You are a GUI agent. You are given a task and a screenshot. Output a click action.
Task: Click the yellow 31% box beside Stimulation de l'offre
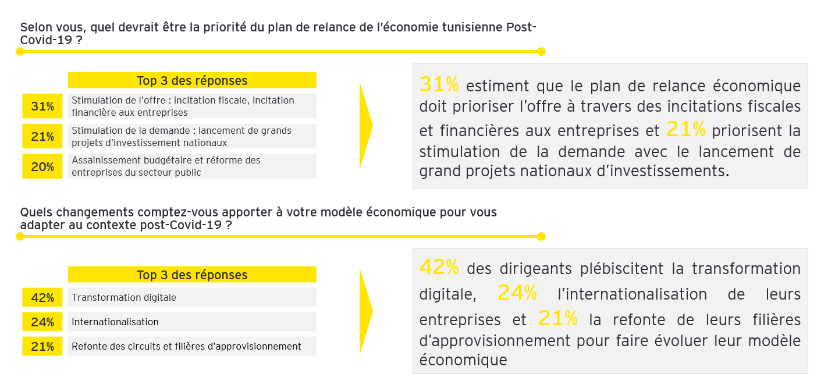pyautogui.click(x=42, y=106)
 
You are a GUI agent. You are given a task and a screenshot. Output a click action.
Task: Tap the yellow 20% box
pyautogui.click(x=42, y=167)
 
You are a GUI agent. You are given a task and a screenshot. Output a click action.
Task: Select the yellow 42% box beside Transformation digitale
pyautogui.click(x=42, y=298)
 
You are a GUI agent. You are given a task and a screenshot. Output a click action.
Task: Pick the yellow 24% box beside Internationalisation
pyautogui.click(x=42, y=322)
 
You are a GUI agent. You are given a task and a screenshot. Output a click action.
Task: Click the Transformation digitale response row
pyautogui.click(x=192, y=298)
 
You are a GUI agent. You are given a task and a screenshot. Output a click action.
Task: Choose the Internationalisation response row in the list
pyautogui.click(x=192, y=322)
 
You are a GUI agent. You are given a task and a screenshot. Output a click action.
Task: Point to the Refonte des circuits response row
pyautogui.click(x=192, y=346)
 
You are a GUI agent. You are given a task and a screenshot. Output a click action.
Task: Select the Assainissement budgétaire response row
pyautogui.click(x=192, y=166)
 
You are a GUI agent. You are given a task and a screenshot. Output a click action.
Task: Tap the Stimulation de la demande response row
pyautogui.click(x=192, y=136)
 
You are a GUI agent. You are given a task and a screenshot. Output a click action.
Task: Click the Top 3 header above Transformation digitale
pyautogui.click(x=192, y=275)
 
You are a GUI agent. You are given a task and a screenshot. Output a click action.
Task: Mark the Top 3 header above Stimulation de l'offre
pyautogui.click(x=192, y=80)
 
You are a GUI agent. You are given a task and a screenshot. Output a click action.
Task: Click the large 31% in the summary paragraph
pyautogui.click(x=439, y=85)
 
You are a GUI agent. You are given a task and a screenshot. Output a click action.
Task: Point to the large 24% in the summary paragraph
pyautogui.click(x=517, y=293)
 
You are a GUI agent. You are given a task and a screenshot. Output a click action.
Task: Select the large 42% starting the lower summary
pyautogui.click(x=439, y=267)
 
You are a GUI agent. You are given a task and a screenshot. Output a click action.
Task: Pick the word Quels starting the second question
pyautogui.click(x=36, y=212)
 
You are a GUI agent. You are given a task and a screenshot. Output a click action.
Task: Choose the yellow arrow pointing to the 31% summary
pyautogui.click(x=365, y=125)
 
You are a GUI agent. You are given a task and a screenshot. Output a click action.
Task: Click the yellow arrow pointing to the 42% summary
pyautogui.click(x=365, y=311)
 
